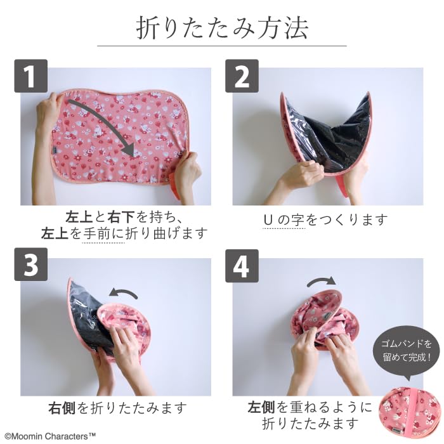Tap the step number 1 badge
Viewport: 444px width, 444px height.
click(x=31, y=76)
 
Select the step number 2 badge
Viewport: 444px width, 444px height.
click(x=242, y=76)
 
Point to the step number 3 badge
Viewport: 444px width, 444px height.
click(x=31, y=264)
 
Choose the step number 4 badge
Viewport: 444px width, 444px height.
click(x=242, y=266)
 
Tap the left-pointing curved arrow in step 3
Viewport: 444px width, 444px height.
click(x=124, y=293)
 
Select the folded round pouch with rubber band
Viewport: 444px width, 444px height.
click(x=411, y=413)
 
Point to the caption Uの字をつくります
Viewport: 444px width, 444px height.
click(x=325, y=220)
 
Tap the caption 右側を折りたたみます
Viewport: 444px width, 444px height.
click(x=117, y=408)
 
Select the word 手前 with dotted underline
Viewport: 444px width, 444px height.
click(x=96, y=234)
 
